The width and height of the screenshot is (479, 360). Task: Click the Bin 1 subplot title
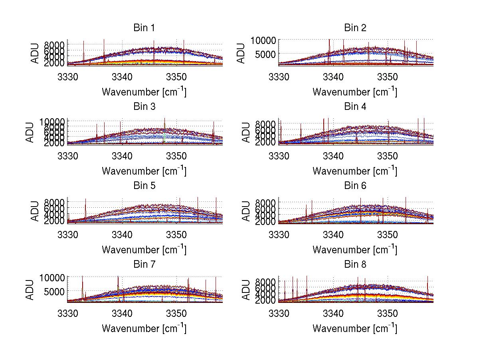144,28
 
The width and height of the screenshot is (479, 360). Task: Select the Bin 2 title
355,28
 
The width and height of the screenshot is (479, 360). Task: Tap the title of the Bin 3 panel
144,106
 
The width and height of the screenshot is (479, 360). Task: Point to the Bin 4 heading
355,106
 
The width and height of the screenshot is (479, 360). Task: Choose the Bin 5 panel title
144,185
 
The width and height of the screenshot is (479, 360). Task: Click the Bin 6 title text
355,185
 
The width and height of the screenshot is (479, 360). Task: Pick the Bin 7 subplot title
144,264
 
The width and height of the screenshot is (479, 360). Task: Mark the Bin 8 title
355,264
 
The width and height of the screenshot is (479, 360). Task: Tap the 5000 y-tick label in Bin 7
53,292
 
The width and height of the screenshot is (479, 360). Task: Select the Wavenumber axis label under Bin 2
355,91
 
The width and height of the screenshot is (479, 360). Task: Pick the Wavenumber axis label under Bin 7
144,328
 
